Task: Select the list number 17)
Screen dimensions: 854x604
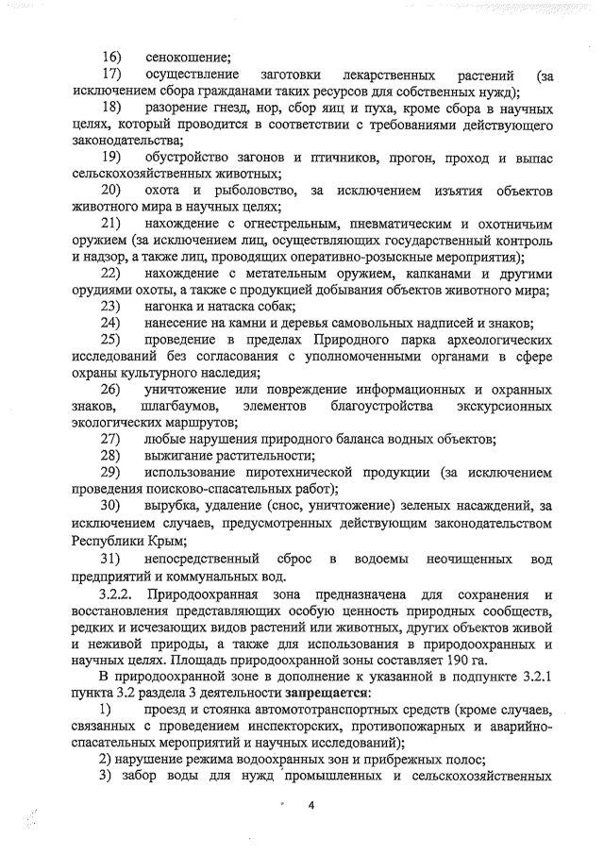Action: (x=113, y=75)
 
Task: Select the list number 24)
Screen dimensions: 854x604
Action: (x=112, y=323)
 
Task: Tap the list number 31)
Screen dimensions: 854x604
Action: (x=112, y=561)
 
